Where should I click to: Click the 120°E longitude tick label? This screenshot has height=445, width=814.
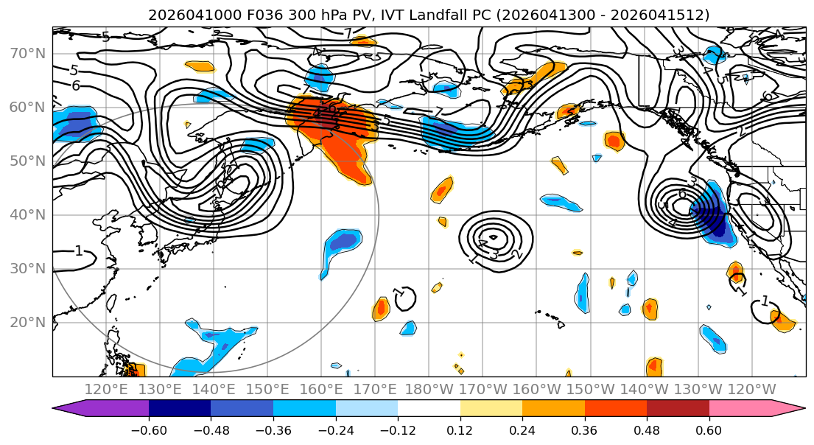pos(107,389)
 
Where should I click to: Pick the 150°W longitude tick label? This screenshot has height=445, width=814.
pos(591,389)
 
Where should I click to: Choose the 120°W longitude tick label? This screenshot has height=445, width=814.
pos(751,389)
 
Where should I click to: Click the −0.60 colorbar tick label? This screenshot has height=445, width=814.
pos(149,430)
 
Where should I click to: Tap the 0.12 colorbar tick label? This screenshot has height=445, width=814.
pos(460,430)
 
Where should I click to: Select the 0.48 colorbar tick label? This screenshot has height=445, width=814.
pos(647,430)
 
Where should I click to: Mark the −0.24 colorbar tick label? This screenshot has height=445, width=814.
pos(335,430)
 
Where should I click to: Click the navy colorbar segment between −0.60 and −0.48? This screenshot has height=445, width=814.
pos(180,409)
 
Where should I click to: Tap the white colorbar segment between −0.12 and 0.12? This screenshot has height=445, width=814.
pos(429,409)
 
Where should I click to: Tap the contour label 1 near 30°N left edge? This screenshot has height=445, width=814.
pos(78,251)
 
